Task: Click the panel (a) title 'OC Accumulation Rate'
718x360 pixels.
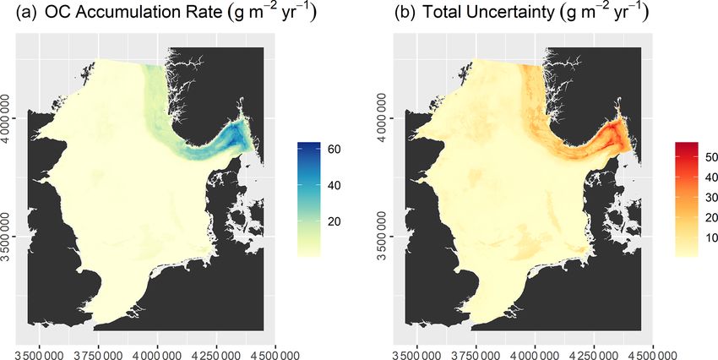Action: pos(127,14)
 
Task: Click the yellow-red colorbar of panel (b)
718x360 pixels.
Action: pos(685,198)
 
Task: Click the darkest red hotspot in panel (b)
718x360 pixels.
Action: pos(615,133)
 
